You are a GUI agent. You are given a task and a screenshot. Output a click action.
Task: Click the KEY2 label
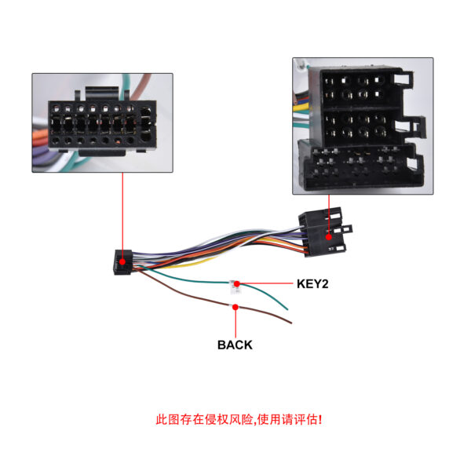pos(312,284)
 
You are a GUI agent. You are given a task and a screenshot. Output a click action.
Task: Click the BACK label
pos(235,345)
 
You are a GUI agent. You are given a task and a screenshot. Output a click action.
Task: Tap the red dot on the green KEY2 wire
pos(237,283)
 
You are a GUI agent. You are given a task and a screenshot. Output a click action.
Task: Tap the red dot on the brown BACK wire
pos(235,307)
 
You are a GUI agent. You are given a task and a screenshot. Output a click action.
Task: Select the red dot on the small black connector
pos(122,262)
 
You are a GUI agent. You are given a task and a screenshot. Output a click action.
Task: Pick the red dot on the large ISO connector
pos(329,237)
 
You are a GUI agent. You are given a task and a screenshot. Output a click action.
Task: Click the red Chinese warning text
pos(239,419)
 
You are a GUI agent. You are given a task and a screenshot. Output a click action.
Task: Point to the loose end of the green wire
pos(287,309)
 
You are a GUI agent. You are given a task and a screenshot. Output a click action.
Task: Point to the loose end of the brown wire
pos(291,323)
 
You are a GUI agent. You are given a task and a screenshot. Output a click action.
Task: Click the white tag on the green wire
pos(233,287)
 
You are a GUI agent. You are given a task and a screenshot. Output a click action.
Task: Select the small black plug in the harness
pos(122,262)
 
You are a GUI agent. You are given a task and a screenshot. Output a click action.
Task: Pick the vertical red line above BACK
pos(235,323)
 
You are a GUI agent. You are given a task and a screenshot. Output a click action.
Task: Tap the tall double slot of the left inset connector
pos(146,124)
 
